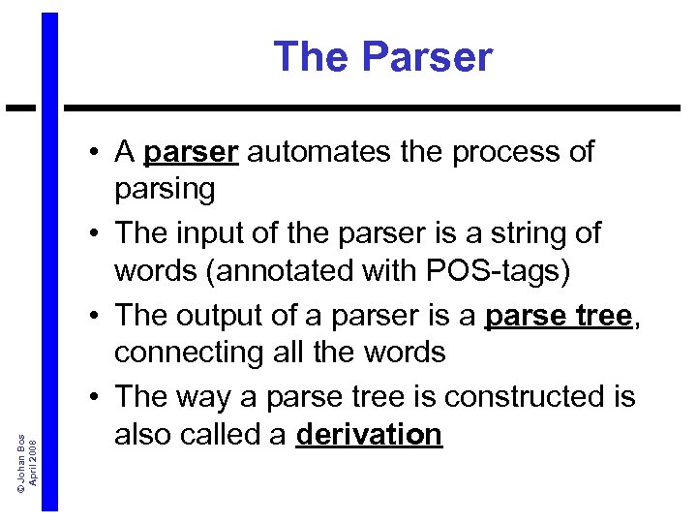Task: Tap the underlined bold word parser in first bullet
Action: pos(190,152)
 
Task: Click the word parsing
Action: pos(165,189)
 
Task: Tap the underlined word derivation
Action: pos(369,435)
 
